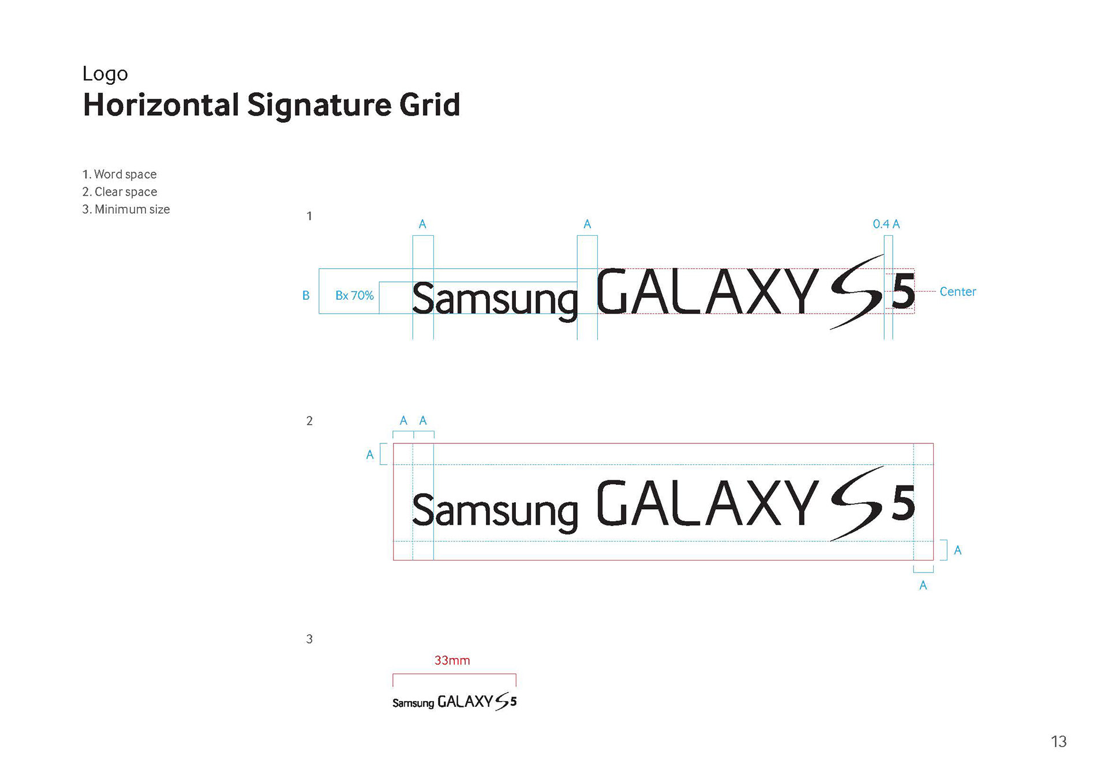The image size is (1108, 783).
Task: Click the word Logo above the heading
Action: pyautogui.click(x=105, y=74)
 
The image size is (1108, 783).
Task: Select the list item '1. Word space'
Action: pyautogui.click(x=119, y=174)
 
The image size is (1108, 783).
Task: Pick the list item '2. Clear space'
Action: pyautogui.click(x=119, y=191)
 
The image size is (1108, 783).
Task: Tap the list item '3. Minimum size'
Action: pyautogui.click(x=126, y=209)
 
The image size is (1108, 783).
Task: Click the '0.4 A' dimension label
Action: pyautogui.click(x=886, y=224)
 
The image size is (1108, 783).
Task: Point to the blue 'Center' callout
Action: pyautogui.click(x=957, y=292)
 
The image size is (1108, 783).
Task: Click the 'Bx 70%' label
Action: pyautogui.click(x=354, y=295)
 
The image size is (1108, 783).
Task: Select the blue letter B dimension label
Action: pyautogui.click(x=306, y=295)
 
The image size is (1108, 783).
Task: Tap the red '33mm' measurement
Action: pyautogui.click(x=452, y=660)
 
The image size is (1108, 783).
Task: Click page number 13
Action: pyautogui.click(x=1058, y=741)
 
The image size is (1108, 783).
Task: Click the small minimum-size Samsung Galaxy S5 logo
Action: pyautogui.click(x=454, y=702)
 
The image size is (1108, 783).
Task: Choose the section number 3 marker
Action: pyautogui.click(x=309, y=639)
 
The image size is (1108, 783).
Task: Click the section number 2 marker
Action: pyautogui.click(x=309, y=421)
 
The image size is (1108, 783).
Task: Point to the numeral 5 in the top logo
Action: pyautogui.click(x=903, y=292)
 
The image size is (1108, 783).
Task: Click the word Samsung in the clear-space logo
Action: pyautogui.click(x=495, y=511)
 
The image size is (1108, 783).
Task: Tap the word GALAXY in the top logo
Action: pyautogui.click(x=707, y=292)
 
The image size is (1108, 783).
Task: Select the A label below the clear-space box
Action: pyautogui.click(x=923, y=586)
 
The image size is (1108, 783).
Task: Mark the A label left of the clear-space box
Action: pyautogui.click(x=370, y=455)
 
